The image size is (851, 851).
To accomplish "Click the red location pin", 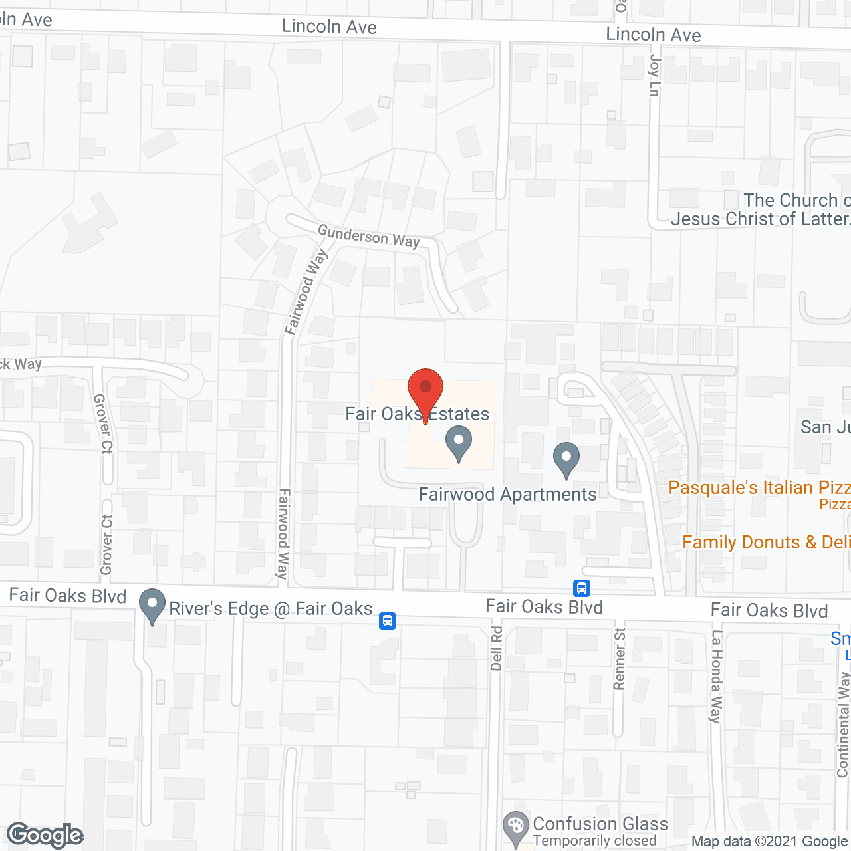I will coord(425,392).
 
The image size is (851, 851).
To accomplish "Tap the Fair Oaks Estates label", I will coord(417,414).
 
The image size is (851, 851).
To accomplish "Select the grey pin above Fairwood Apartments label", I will coord(566,459).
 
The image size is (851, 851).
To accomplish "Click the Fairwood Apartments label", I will coord(507,495).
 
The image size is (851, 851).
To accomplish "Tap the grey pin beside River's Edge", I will coord(152,606).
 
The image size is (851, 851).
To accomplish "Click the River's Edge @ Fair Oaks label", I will coord(271,609).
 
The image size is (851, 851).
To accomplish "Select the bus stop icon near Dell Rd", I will coord(388,621).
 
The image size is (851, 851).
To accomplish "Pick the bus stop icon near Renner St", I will coord(582,588).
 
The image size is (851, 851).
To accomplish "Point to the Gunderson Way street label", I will coord(368,236).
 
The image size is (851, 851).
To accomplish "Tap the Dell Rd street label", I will coord(496,648).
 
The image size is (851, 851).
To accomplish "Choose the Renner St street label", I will coord(620,658).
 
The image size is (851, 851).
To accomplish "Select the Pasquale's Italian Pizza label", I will coord(759,488).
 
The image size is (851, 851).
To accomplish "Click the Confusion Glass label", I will coord(600,824).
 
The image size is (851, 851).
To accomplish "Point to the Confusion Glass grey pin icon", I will coord(515,826).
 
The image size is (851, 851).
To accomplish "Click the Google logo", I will coord(45,835).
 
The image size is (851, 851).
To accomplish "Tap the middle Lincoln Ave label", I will coord(329,27).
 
